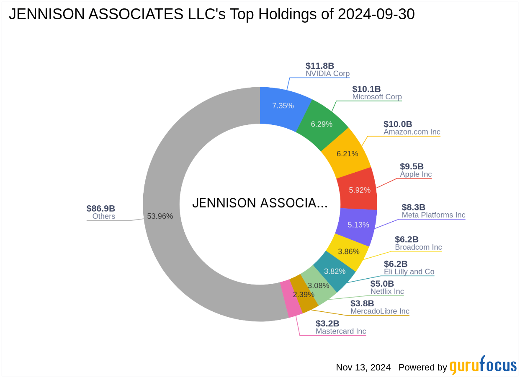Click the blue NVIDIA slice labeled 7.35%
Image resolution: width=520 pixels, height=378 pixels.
click(x=283, y=106)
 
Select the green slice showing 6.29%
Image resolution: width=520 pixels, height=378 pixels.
click(x=322, y=124)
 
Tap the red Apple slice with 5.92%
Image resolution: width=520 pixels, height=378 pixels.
click(x=360, y=190)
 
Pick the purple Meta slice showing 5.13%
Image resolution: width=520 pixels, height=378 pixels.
click(x=358, y=225)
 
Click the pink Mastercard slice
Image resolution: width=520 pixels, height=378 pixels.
click(x=291, y=304)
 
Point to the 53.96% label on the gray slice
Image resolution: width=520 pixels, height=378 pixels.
click(x=160, y=216)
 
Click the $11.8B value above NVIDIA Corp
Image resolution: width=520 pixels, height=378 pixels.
click(x=320, y=66)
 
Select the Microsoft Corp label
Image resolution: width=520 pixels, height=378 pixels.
click(x=377, y=97)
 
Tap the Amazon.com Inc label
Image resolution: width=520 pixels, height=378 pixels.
click(x=412, y=132)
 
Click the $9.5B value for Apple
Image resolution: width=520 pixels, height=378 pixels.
click(x=412, y=166)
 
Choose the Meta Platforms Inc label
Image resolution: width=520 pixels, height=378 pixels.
click(x=433, y=215)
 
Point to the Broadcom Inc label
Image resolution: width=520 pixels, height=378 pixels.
click(x=418, y=247)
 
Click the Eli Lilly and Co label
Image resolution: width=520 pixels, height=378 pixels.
click(x=409, y=272)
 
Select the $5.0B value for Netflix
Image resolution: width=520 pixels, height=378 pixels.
click(x=382, y=284)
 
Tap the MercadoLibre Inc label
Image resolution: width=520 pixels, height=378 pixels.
click(x=380, y=311)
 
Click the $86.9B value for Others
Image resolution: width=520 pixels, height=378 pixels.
click(x=100, y=209)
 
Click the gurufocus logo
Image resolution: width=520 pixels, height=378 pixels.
click(x=483, y=366)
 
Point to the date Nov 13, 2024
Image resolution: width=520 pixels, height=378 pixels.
click(x=363, y=368)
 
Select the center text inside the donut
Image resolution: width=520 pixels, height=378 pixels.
click(x=260, y=203)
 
